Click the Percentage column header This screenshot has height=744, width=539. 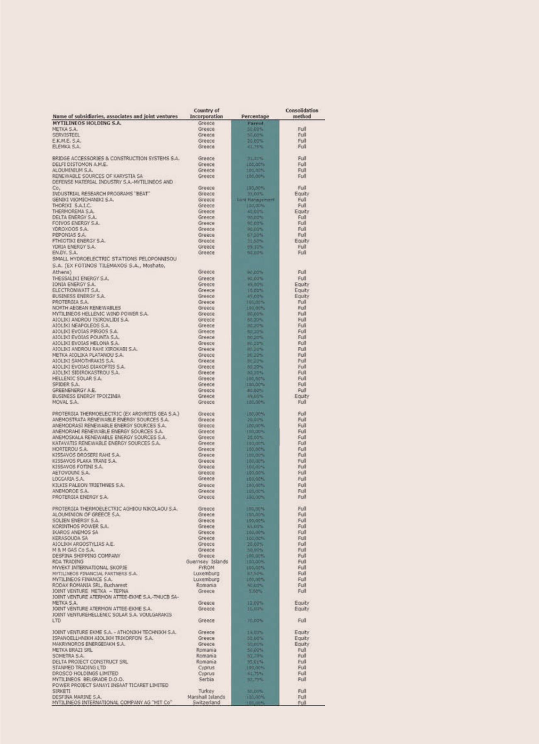(255, 117)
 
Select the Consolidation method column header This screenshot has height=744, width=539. (302, 114)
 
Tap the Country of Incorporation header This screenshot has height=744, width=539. (206, 114)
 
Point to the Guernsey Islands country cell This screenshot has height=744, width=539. (207, 562)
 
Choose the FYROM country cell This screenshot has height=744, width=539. (206, 568)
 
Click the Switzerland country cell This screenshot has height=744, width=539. (206, 703)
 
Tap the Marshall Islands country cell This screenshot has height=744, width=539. (206, 697)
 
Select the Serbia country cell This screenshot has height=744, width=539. (206, 679)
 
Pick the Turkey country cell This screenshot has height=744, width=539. (206, 691)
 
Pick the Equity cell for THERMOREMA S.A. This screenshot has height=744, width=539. (302, 211)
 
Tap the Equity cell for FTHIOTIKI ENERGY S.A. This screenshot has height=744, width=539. (302, 241)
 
